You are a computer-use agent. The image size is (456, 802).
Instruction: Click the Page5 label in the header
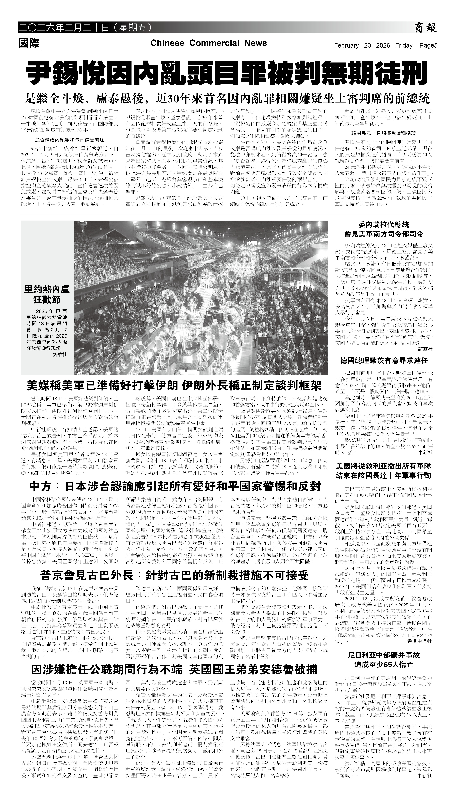tap(428, 45)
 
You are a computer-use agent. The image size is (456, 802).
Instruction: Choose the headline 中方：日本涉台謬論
tap(175, 487)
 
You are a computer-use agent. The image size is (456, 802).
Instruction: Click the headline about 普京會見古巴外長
tap(175, 575)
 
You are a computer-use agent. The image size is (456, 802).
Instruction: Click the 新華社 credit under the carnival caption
tap(59, 355)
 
